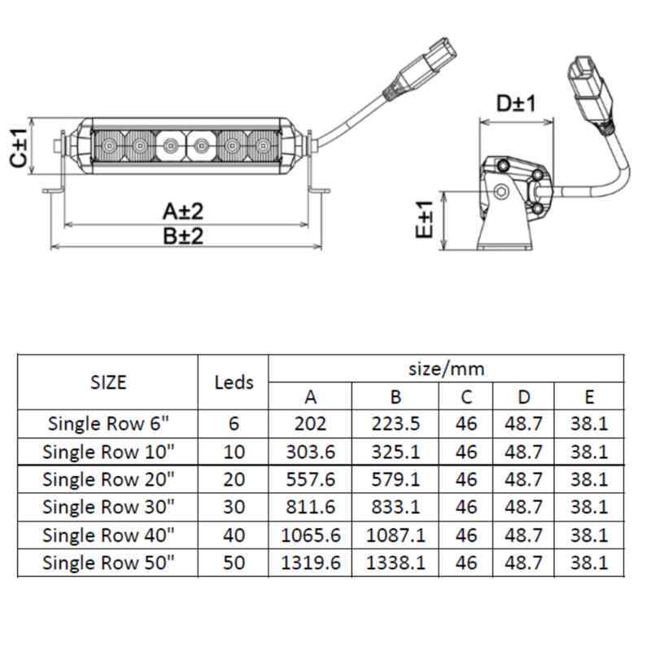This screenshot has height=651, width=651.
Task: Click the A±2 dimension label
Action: coord(183,212)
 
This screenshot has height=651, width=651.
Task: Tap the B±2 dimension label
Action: coord(183,236)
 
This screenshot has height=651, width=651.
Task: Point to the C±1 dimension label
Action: coord(19,148)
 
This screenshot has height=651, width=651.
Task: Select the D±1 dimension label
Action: coord(517,103)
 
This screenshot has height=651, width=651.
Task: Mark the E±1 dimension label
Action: coord(424,219)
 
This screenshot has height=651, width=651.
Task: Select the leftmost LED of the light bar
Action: coord(109,146)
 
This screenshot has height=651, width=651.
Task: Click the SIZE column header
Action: coord(108,382)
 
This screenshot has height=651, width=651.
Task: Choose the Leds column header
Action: coord(234,382)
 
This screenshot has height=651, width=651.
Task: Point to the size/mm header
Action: coord(446,369)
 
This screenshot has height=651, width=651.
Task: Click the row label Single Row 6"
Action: coord(108,423)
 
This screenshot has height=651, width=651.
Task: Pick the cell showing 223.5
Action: coord(395,423)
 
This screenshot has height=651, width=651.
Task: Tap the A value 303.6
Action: coord(311,452)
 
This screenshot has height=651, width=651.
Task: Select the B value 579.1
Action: coord(395,479)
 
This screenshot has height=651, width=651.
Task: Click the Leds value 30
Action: coord(234,507)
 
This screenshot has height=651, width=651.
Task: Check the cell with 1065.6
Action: coord(311,535)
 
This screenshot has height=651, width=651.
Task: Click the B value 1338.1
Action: coord(395,563)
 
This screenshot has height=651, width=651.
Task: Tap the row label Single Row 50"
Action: coord(108,563)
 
